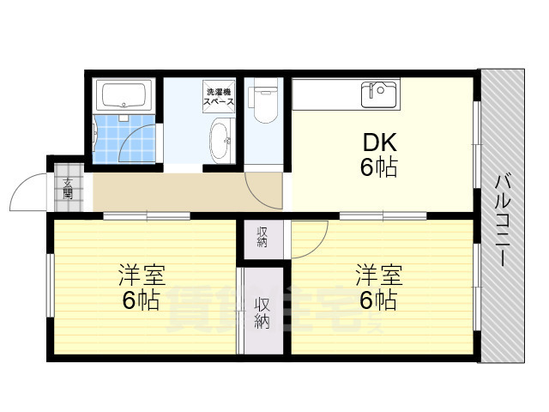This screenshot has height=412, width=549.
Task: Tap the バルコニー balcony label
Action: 504,220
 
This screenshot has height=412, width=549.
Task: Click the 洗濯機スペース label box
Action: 218,95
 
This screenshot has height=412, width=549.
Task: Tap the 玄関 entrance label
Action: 68,187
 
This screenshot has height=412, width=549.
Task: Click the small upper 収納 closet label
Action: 262,235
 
